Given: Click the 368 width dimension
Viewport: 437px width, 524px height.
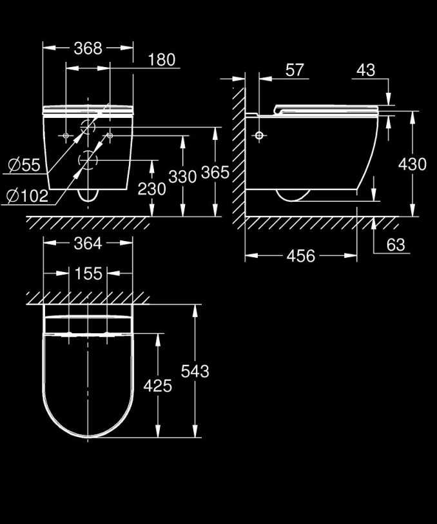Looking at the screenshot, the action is (88, 48).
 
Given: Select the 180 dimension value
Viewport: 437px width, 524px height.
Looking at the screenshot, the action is (162, 60).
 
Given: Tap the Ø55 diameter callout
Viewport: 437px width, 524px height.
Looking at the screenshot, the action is (24, 165).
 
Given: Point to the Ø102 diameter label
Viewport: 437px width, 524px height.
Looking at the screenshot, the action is (28, 196).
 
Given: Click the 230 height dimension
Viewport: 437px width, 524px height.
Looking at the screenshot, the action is (151, 189).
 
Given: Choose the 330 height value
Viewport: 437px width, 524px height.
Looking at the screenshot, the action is (182, 177).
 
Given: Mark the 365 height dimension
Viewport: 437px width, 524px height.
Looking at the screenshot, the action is (215, 173).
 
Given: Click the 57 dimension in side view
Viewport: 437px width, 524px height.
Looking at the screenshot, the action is (295, 70).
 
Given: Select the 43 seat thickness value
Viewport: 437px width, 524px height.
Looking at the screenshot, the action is (366, 70).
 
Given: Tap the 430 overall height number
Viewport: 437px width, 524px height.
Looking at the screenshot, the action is (413, 164).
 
